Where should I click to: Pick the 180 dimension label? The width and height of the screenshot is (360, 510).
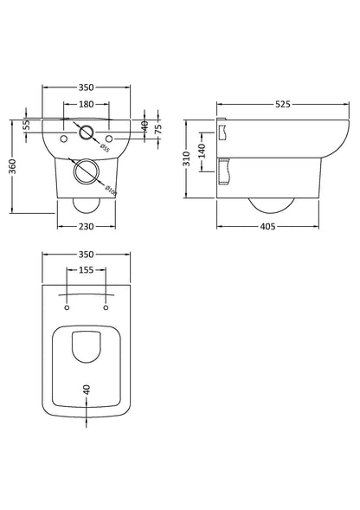85,105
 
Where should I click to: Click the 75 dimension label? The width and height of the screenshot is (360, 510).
157,129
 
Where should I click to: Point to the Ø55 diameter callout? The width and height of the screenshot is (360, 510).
103,148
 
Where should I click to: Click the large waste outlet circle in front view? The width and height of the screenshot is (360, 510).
85,171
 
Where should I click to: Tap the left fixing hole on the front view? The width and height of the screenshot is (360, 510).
63,138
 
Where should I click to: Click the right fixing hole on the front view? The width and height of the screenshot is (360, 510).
107,138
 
